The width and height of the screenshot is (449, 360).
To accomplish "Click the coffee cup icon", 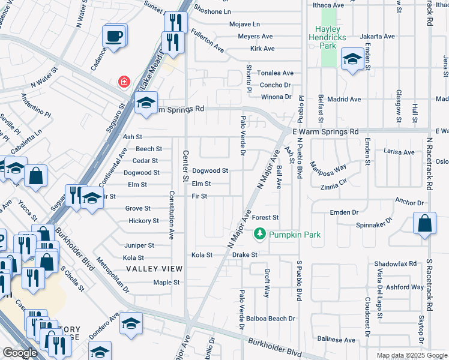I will click(x=115, y=35).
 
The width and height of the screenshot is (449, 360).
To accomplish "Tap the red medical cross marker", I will click(x=124, y=81).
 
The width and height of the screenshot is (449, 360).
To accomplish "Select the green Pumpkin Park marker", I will click(x=260, y=234).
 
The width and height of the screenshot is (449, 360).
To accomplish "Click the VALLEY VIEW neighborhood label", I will click(x=149, y=269).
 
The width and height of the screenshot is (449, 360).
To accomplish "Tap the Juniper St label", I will click(x=139, y=245).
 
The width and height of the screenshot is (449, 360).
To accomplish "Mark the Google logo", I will click(x=20, y=353).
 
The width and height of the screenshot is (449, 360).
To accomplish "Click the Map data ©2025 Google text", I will click(x=412, y=355).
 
